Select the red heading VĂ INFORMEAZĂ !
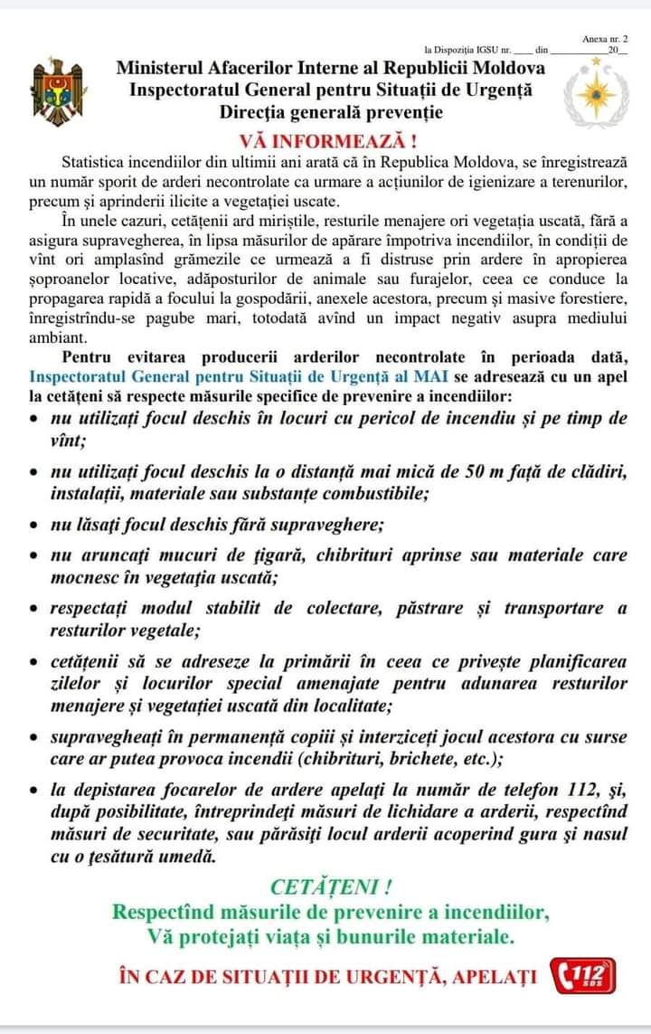point(328,142)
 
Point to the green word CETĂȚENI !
point(331,887)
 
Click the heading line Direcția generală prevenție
point(331,112)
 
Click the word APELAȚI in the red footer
point(495,977)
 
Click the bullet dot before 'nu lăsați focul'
point(33,526)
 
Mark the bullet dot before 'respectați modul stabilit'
point(33,610)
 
